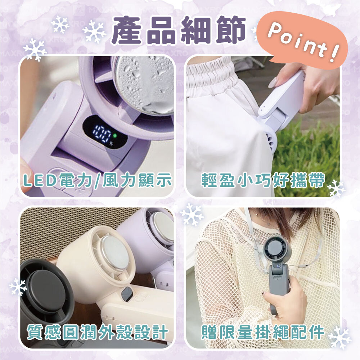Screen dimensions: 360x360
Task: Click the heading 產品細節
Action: (x=178, y=30)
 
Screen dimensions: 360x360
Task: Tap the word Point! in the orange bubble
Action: (x=303, y=42)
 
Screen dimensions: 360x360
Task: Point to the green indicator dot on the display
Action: (x=115, y=135)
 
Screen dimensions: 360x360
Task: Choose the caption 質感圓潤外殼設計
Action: (x=97, y=332)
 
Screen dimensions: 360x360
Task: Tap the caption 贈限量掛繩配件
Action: (x=263, y=332)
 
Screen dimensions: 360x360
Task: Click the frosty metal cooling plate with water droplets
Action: (x=144, y=85)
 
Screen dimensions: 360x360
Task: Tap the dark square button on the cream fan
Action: (x=126, y=294)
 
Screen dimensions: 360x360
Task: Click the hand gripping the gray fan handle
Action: (x=285, y=298)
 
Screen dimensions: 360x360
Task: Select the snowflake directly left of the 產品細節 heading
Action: (x=94, y=32)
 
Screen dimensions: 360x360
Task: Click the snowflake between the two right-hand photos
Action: (x=192, y=215)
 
